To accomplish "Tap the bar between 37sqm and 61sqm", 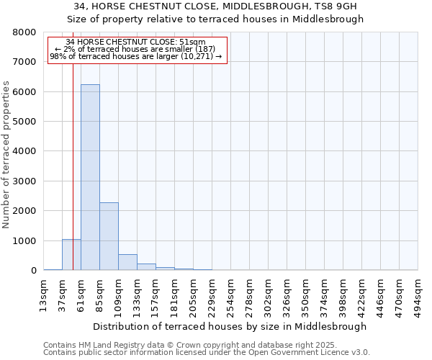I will [71, 255].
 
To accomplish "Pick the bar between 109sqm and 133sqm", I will [127, 262].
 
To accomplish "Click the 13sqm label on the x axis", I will [44, 293].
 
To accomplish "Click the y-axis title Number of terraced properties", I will [6, 155].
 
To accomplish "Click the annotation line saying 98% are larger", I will [137, 56].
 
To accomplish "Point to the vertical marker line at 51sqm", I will [73, 166].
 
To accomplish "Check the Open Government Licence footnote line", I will [207, 353].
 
